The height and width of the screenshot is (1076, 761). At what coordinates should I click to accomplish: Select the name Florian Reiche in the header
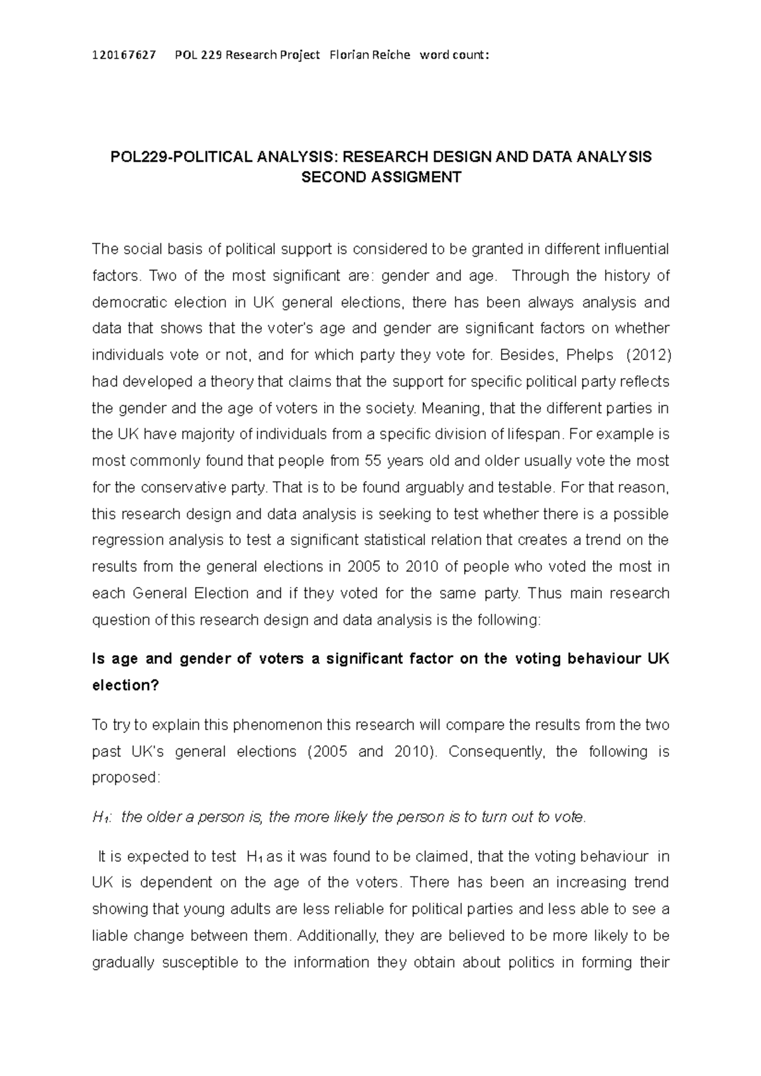pyautogui.click(x=370, y=55)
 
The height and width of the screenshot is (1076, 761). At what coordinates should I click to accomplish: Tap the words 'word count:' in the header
pyautogui.click(x=455, y=55)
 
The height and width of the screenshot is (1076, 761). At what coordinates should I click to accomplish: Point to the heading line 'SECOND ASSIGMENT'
pyautogui.click(x=380, y=177)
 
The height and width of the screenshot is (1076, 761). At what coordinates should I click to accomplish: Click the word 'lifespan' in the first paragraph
pyautogui.click(x=535, y=434)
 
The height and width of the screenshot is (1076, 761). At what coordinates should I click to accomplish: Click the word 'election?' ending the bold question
pyautogui.click(x=126, y=686)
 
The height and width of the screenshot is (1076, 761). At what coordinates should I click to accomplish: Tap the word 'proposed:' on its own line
pyautogui.click(x=126, y=778)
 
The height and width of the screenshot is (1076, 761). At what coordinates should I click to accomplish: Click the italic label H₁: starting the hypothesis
pyautogui.click(x=102, y=817)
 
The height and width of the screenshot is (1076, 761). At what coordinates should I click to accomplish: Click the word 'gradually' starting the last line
pyautogui.click(x=123, y=963)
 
